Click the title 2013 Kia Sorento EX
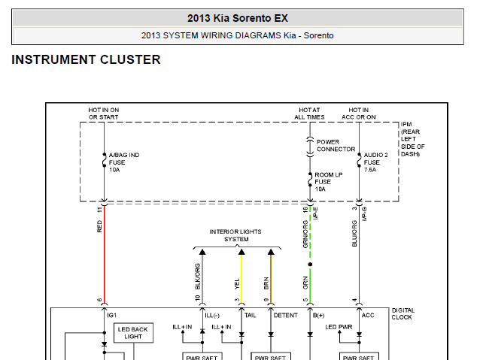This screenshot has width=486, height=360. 238,18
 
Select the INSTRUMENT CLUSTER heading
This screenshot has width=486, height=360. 87,59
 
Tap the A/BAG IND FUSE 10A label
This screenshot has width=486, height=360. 124,162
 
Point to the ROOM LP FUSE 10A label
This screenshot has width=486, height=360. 329,182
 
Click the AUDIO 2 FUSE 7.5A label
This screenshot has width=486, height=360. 375,162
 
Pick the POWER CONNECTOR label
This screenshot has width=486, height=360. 336,146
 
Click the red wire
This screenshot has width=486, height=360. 105,255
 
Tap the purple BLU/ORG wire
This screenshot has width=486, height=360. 359,255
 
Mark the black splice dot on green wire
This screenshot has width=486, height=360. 310,265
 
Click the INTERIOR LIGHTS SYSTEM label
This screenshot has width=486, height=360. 235,235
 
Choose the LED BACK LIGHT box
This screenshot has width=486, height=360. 133,333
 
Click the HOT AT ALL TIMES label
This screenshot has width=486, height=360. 309,113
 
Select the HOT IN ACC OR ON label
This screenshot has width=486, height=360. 359,113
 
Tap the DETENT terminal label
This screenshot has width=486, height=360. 285,315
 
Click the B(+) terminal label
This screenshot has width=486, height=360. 319,316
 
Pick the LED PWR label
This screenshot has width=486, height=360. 339,327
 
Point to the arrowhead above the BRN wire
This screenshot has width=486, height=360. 271,252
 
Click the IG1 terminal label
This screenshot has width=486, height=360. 111,315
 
